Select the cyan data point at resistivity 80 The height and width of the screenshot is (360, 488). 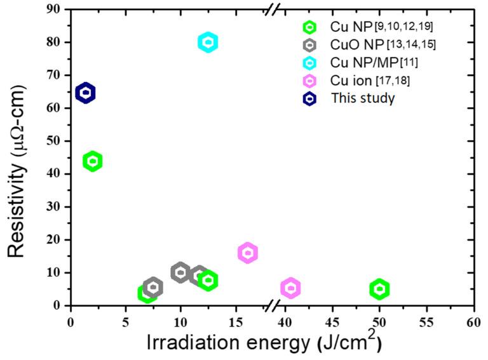pyautogui.click(x=208, y=43)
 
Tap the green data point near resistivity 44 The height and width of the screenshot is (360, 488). pyautogui.click(x=93, y=161)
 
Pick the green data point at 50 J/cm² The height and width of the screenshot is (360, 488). pyautogui.click(x=379, y=290)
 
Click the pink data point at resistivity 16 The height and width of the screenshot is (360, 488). pyautogui.click(x=248, y=253)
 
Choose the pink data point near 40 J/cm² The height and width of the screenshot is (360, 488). pyautogui.click(x=290, y=288)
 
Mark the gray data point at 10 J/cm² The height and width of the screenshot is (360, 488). pyautogui.click(x=180, y=273)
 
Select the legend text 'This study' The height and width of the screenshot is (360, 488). pyautogui.click(x=358, y=98)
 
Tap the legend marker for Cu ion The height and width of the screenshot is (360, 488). pyautogui.click(x=309, y=81)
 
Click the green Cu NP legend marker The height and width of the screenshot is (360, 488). pyautogui.click(x=309, y=27)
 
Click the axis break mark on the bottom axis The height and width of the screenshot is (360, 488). pyautogui.click(x=271, y=306)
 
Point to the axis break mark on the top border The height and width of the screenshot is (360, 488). pyautogui.click(x=271, y=10)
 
